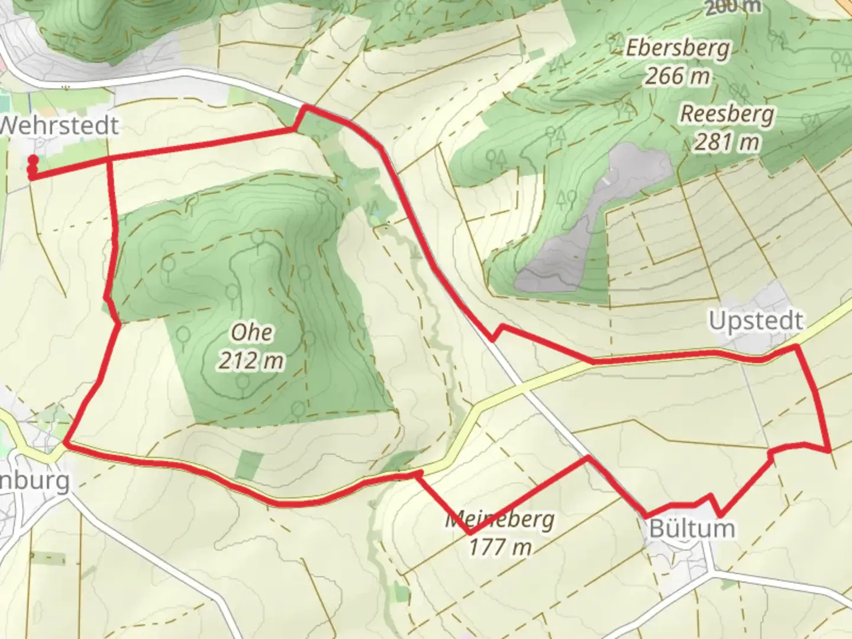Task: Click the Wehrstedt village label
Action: tap(59, 126)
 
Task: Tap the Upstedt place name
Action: tap(756, 321)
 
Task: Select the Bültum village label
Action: tap(692, 528)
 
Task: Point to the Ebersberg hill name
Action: tap(677, 49)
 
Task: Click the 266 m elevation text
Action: tap(677, 76)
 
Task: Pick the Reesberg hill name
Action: tap(727, 114)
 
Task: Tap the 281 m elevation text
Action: tap(727, 142)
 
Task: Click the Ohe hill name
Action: tap(252, 332)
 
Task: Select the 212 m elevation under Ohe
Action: tap(251, 360)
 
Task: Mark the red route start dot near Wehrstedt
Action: tap(33, 160)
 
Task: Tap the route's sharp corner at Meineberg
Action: tap(470, 533)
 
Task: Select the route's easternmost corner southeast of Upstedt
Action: tap(830, 450)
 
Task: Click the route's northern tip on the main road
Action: tap(305, 107)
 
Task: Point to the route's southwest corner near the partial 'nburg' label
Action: tap(65, 443)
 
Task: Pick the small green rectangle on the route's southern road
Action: tap(248, 464)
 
